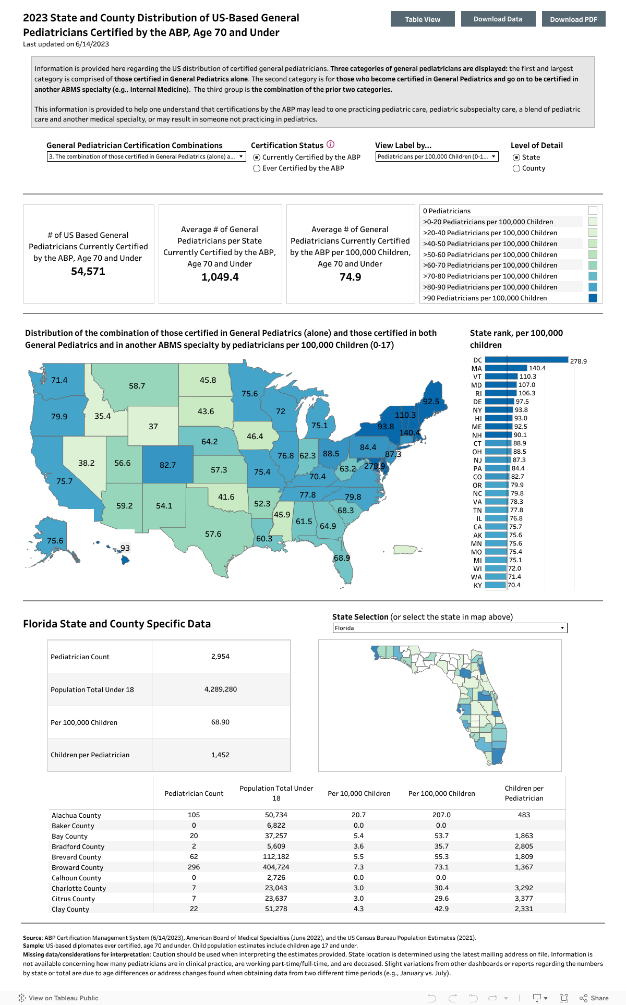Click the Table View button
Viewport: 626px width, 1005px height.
coord(423,19)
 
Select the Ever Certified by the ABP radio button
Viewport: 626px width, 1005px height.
coord(257,168)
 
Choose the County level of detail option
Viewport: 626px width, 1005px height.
coord(516,168)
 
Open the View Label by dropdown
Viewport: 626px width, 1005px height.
coord(437,156)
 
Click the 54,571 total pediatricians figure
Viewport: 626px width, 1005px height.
coord(88,271)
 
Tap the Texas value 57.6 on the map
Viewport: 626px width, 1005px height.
coord(213,534)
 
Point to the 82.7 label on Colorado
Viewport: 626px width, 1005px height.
coord(167,465)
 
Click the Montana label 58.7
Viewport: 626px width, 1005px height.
coord(137,386)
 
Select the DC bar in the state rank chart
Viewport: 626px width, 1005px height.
coord(526,360)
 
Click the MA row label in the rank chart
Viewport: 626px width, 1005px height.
coord(477,368)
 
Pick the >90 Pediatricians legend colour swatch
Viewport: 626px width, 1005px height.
coord(593,298)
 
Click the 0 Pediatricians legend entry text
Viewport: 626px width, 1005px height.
coord(447,211)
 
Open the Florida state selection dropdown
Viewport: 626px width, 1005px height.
coord(450,628)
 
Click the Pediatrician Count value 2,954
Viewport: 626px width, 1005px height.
coord(220,656)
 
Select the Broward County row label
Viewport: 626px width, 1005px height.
coord(78,867)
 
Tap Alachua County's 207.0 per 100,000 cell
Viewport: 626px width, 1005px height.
coord(441,815)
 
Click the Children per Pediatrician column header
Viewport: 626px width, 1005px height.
coord(524,793)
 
